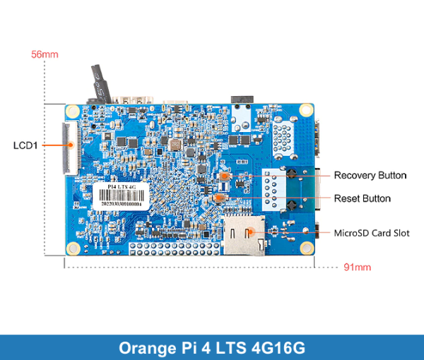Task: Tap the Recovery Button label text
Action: pos(370,175)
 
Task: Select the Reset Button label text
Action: pos(362,198)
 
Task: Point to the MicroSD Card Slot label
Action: pos(371,233)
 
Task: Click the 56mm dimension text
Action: pos(45,54)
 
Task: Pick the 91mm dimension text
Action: pos(357,268)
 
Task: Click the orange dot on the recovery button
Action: pos(225,174)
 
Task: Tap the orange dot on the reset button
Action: pos(220,198)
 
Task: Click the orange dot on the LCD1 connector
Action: pos(71,145)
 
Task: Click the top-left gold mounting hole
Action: pos(73,110)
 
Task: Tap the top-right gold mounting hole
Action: pos(305,110)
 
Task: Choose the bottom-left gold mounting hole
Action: pos(73,248)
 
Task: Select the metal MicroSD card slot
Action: pos(245,236)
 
